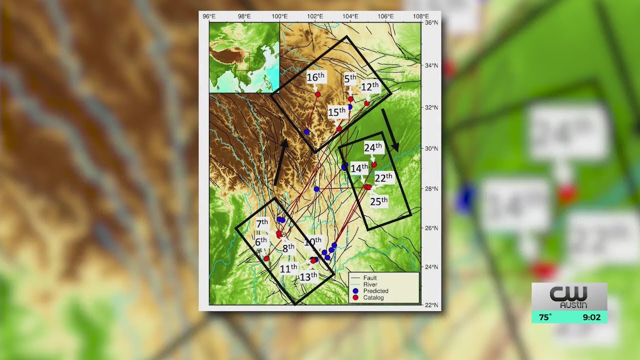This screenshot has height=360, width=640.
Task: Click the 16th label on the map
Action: pyautogui.click(x=315, y=77)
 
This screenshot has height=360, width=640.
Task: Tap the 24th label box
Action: pyautogui.click(x=373, y=147)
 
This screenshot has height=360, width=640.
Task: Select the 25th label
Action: pyautogui.click(x=378, y=201)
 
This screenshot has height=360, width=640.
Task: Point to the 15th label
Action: pyautogui.click(x=337, y=112)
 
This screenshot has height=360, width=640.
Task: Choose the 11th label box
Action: pyautogui.click(x=288, y=268)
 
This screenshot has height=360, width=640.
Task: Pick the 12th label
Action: pyautogui.click(x=369, y=87)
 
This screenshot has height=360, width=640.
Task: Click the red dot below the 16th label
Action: pyautogui.click(x=317, y=94)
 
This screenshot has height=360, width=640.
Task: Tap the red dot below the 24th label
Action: pyautogui.click(x=374, y=164)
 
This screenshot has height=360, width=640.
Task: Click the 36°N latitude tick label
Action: pyautogui.click(x=431, y=22)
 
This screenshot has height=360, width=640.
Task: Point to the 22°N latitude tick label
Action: pyautogui.click(x=431, y=305)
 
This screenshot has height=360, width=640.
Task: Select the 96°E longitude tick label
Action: pyautogui.click(x=209, y=16)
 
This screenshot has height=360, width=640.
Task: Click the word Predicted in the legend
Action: pyautogui.click(x=375, y=291)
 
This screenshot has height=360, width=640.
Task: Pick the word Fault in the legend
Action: pyautogui.click(x=370, y=278)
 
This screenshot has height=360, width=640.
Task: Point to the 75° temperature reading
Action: pyautogui.click(x=545, y=317)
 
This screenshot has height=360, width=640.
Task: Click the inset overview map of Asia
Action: pyautogui.click(x=244, y=58)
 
